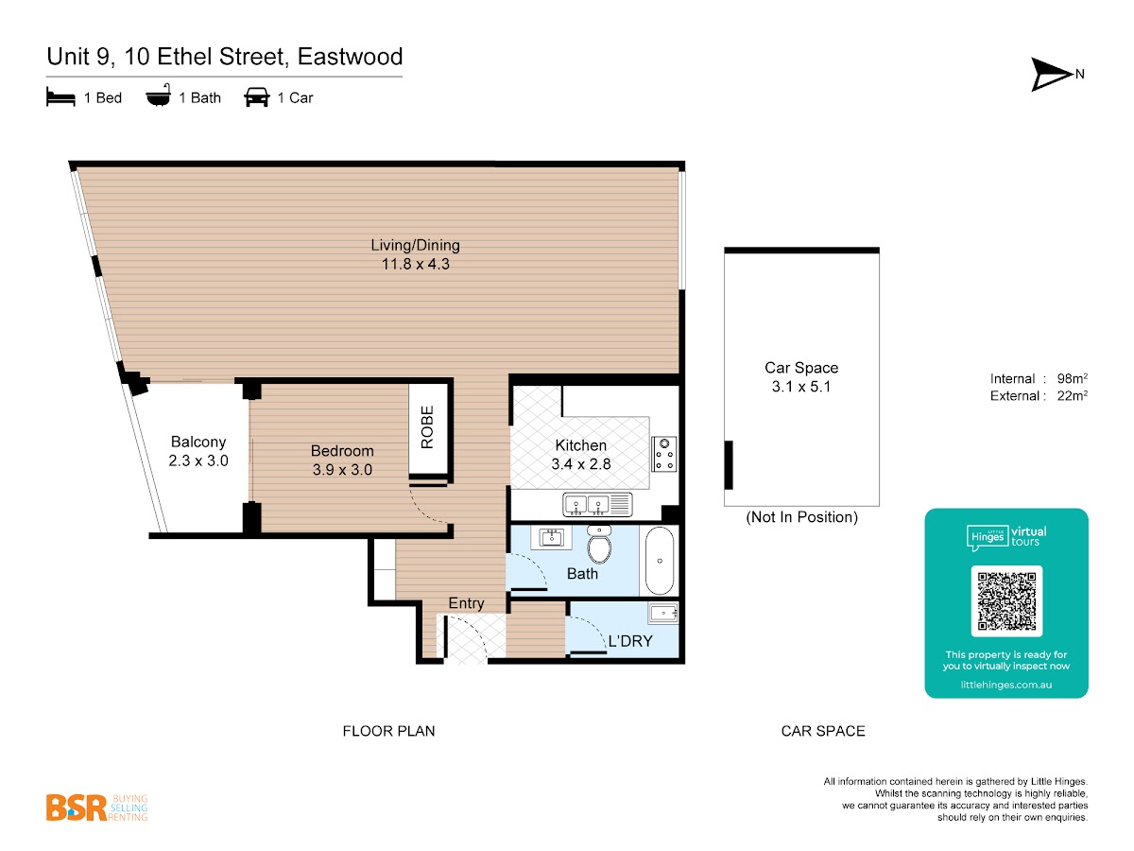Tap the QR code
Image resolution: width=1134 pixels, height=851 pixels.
click(1006, 601)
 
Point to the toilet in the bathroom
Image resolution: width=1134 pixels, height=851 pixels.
click(598, 546)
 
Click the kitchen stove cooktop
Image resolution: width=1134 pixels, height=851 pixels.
click(665, 453)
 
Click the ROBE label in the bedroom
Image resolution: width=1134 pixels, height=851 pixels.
click(427, 426)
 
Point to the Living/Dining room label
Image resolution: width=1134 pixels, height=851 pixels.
click(415, 246)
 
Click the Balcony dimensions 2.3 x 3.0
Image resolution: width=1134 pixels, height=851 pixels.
click(198, 460)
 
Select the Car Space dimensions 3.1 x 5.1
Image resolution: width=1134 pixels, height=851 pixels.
click(801, 387)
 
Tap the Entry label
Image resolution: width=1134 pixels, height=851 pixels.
click(466, 603)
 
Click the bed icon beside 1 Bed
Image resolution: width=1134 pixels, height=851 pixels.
click(60, 97)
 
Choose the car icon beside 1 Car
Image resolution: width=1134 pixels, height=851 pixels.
click(256, 97)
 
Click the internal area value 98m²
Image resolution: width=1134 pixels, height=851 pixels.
click(1069, 378)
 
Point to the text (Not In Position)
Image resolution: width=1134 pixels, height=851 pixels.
click(801, 517)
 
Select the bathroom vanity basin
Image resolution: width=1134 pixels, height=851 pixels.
click(551, 538)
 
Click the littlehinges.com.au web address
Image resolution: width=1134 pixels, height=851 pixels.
click(1005, 684)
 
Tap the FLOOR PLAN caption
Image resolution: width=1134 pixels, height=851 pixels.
click(388, 731)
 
